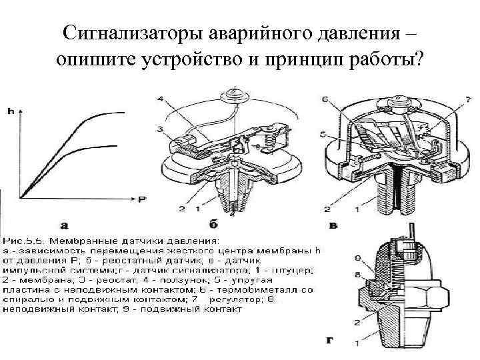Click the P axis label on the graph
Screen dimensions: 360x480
(142, 199)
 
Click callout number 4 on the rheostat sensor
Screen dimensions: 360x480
(160, 99)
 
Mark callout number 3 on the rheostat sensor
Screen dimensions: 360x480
(160, 129)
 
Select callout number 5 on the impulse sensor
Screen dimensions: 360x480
(323, 135)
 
